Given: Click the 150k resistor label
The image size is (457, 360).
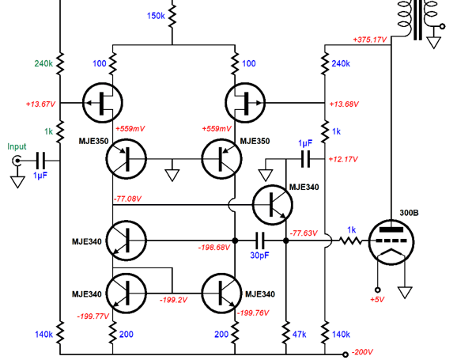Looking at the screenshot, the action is point(156,16).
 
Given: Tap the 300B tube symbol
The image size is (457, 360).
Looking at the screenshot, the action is point(391,242).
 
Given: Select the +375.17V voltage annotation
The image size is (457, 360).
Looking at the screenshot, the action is point(370,40).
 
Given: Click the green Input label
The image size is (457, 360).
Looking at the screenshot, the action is point(17,146).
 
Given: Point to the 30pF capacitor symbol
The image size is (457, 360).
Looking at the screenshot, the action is point(259,241).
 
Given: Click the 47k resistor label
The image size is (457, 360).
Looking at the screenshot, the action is point(299,335).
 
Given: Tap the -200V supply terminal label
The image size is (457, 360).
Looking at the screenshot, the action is point(362,352).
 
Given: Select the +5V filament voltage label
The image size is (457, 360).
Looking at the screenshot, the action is point(377,299).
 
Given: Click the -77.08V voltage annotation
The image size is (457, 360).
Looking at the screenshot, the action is point(127,199).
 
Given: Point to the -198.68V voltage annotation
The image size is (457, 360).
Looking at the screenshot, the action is point(214,248).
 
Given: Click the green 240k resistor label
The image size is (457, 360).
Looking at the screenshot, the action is point(43,63).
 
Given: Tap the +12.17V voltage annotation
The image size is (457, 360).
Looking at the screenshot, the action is point(343,159).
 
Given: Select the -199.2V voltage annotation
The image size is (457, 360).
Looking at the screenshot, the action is point(174,300).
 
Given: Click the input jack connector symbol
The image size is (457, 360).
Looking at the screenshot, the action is point(17,161).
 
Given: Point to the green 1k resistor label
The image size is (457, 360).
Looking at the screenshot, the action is point(49,132).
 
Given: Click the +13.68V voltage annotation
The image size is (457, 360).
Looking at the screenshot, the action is point(344,104).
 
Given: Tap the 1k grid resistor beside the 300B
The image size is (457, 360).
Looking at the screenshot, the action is point(350,241).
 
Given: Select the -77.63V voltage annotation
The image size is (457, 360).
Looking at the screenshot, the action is point(304,233).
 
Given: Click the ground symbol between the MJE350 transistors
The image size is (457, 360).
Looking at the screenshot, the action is point(172,176).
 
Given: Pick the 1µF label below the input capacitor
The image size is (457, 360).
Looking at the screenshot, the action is point(40,176).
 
